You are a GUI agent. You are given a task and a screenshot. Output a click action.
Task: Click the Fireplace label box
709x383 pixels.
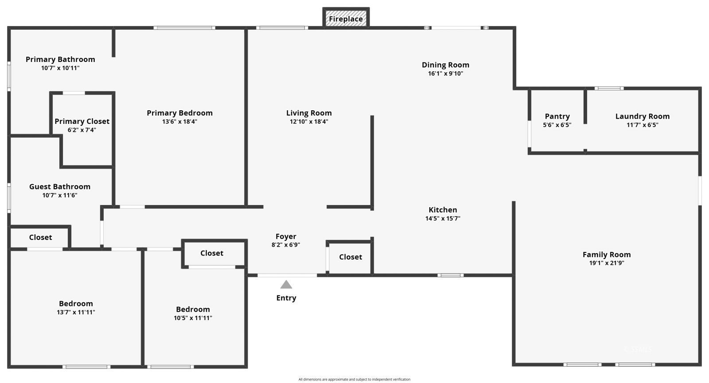[346, 19]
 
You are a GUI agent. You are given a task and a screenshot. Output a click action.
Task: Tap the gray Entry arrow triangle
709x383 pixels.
[286, 285]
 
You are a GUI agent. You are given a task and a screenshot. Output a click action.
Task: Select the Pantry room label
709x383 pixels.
[557, 116]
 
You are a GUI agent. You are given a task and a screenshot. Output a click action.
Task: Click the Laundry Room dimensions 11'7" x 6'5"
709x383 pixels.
[642, 125]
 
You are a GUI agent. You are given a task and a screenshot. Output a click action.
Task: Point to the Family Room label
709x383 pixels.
[606, 255]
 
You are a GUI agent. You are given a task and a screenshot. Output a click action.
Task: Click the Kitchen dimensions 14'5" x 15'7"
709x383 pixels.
[443, 218]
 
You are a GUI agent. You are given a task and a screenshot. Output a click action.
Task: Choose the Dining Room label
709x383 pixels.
[445, 65]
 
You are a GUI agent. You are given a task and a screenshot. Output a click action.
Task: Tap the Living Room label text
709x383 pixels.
[309, 113]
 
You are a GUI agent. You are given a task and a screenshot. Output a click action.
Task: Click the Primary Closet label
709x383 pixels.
[82, 121]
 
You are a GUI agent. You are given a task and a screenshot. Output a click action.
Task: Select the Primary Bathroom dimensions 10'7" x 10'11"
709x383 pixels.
[60, 68]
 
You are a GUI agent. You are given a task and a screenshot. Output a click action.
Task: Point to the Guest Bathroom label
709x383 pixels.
[60, 187]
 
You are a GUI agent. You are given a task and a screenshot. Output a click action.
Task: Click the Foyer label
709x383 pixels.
[286, 236]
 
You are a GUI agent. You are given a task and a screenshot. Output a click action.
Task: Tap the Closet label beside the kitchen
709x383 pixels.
[351, 257]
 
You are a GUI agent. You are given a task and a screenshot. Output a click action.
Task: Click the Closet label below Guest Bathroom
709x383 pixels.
[40, 237]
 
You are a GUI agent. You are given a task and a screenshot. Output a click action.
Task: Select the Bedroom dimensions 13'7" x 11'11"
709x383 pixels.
[76, 312]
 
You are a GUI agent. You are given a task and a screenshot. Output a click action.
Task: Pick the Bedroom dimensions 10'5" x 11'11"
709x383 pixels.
[193, 318]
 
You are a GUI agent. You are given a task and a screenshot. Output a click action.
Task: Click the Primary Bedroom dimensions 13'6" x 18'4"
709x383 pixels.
[179, 121]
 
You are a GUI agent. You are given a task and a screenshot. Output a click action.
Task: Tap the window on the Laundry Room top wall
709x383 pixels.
[609, 89]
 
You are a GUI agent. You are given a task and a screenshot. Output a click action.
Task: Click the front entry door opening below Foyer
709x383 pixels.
[287, 275]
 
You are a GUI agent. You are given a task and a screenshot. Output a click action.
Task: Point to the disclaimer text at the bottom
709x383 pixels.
[354, 379]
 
